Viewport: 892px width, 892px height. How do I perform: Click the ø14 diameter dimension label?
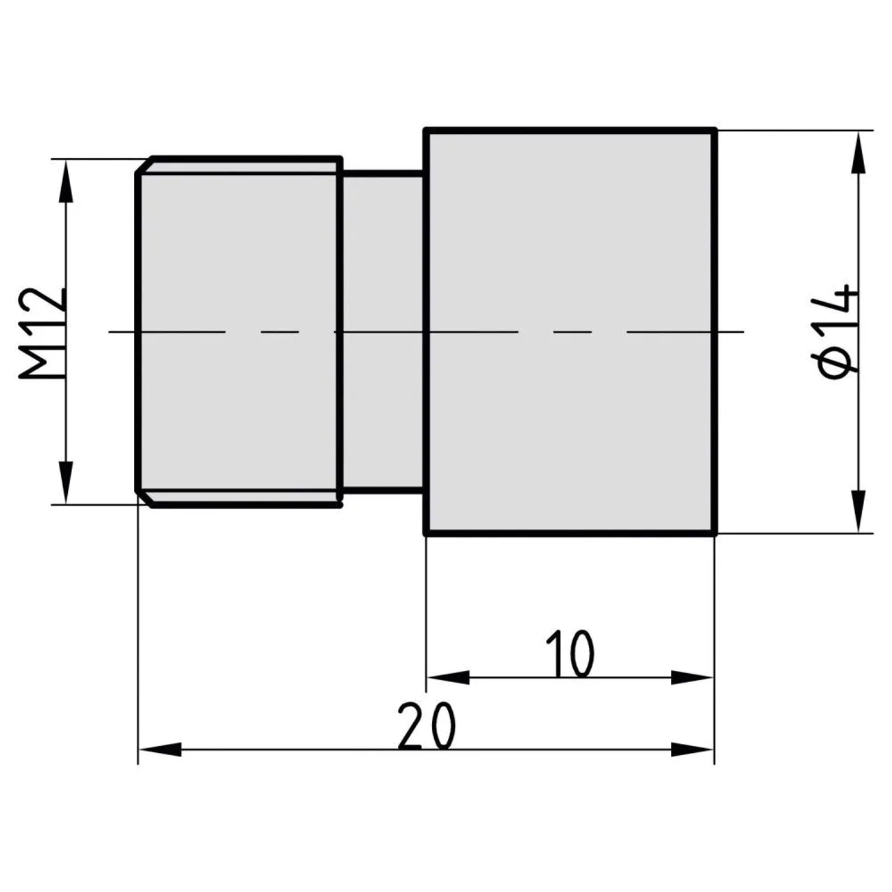pyautogui.click(x=837, y=331)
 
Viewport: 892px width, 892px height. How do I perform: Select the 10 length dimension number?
pyautogui.click(x=569, y=654)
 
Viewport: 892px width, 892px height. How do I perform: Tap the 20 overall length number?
pyautogui.click(x=426, y=725)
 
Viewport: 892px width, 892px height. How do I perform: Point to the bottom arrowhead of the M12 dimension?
pyautogui.click(x=67, y=482)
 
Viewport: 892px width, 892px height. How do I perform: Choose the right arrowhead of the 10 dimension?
pyautogui.click(x=692, y=677)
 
